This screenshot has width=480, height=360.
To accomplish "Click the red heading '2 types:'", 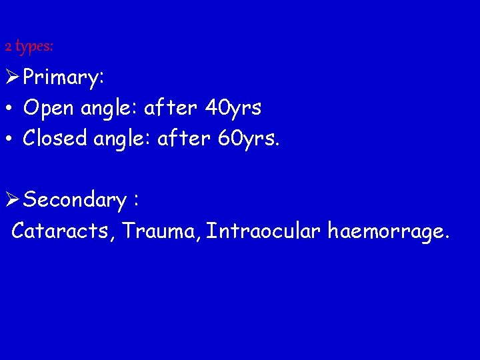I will click(29, 47).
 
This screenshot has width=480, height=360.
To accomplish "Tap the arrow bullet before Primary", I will click(12, 77).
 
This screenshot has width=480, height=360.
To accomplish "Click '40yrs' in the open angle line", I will click(233, 107).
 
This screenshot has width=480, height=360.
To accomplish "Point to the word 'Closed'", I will click(55, 138).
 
